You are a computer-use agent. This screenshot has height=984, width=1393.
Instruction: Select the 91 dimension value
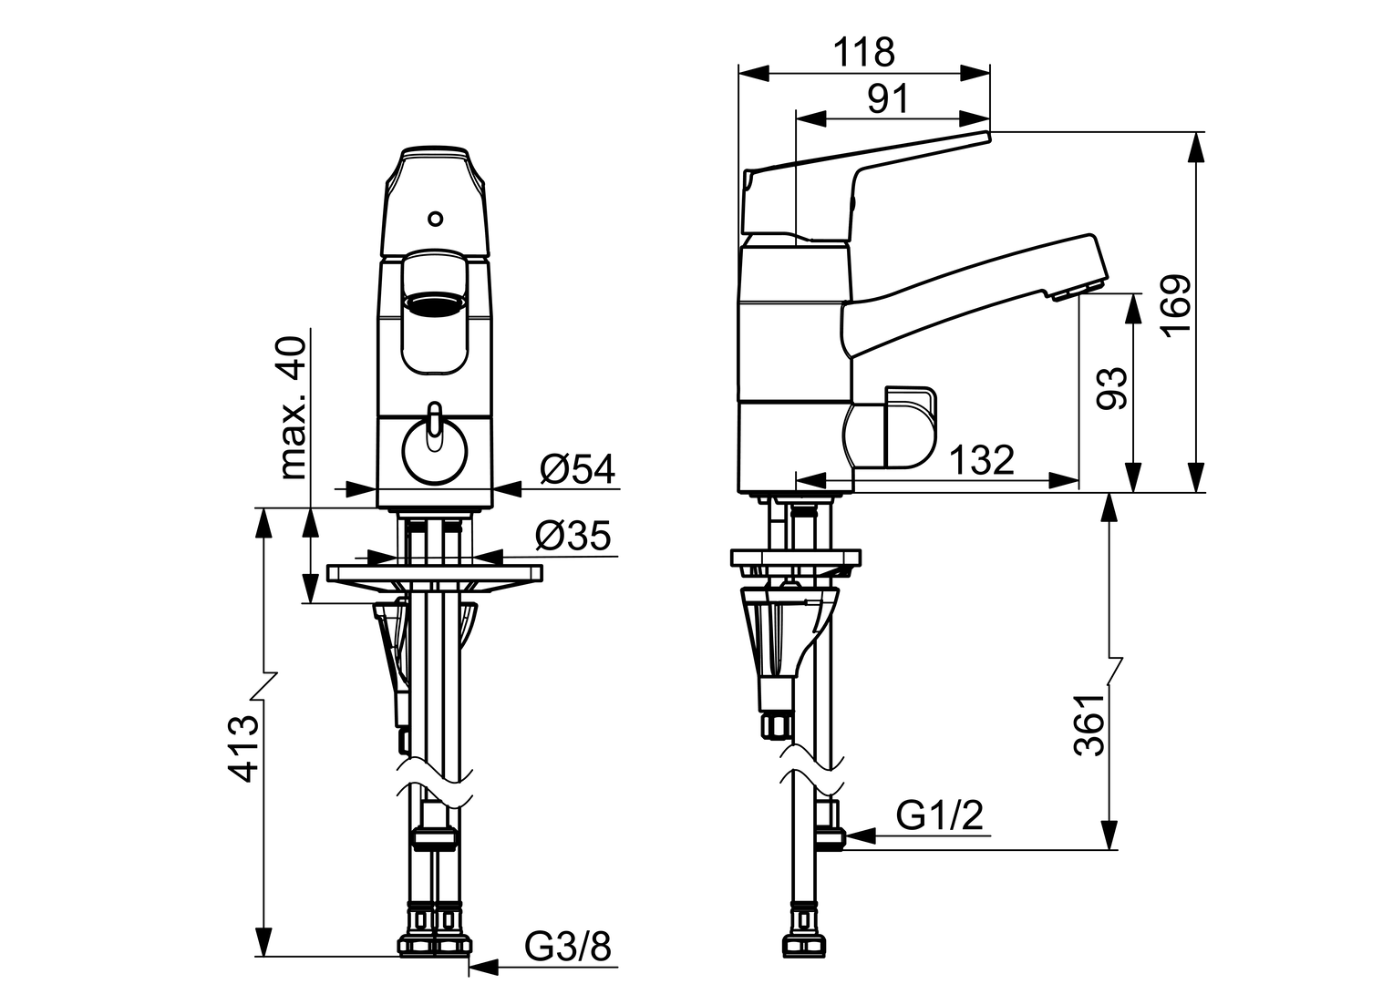(x=887, y=99)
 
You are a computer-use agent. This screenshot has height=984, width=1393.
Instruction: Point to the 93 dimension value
(x=1111, y=389)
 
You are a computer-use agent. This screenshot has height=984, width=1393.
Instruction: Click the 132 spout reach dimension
(x=981, y=460)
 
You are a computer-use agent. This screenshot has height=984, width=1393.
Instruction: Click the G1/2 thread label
(x=940, y=815)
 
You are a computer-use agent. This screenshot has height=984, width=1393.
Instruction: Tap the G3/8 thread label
(x=567, y=948)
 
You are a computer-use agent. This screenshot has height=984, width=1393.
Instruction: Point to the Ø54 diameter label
(x=576, y=469)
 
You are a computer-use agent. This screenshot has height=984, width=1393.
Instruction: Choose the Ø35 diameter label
(x=573, y=536)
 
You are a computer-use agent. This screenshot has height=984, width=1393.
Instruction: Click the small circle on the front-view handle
(x=436, y=219)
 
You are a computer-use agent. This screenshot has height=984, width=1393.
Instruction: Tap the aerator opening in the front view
(x=434, y=302)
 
